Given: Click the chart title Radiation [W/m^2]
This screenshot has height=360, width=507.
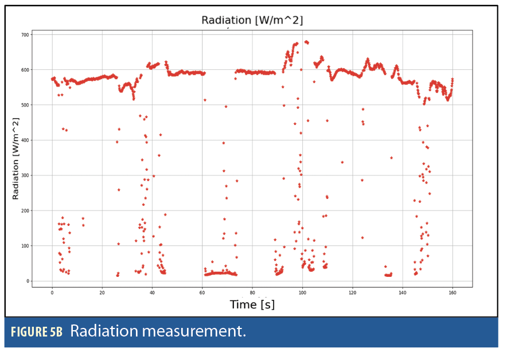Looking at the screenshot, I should pos(252,21).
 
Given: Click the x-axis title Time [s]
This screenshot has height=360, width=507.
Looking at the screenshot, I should pos(252,304).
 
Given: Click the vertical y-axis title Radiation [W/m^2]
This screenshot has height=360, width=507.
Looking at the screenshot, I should pos(16,158).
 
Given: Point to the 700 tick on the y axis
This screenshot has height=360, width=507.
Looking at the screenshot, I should pos(25,34).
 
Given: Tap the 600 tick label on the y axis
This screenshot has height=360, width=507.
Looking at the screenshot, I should pos(25,70).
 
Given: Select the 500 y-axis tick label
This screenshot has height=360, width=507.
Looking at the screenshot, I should pos(25,105).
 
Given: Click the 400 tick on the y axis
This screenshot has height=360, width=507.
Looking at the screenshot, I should pos(25,140).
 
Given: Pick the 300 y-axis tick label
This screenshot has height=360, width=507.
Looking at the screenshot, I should pos(25,175).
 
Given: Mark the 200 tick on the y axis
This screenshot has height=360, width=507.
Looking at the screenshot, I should pos(25,211).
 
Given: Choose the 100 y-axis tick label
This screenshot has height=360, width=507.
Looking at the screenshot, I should pos(25,246).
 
